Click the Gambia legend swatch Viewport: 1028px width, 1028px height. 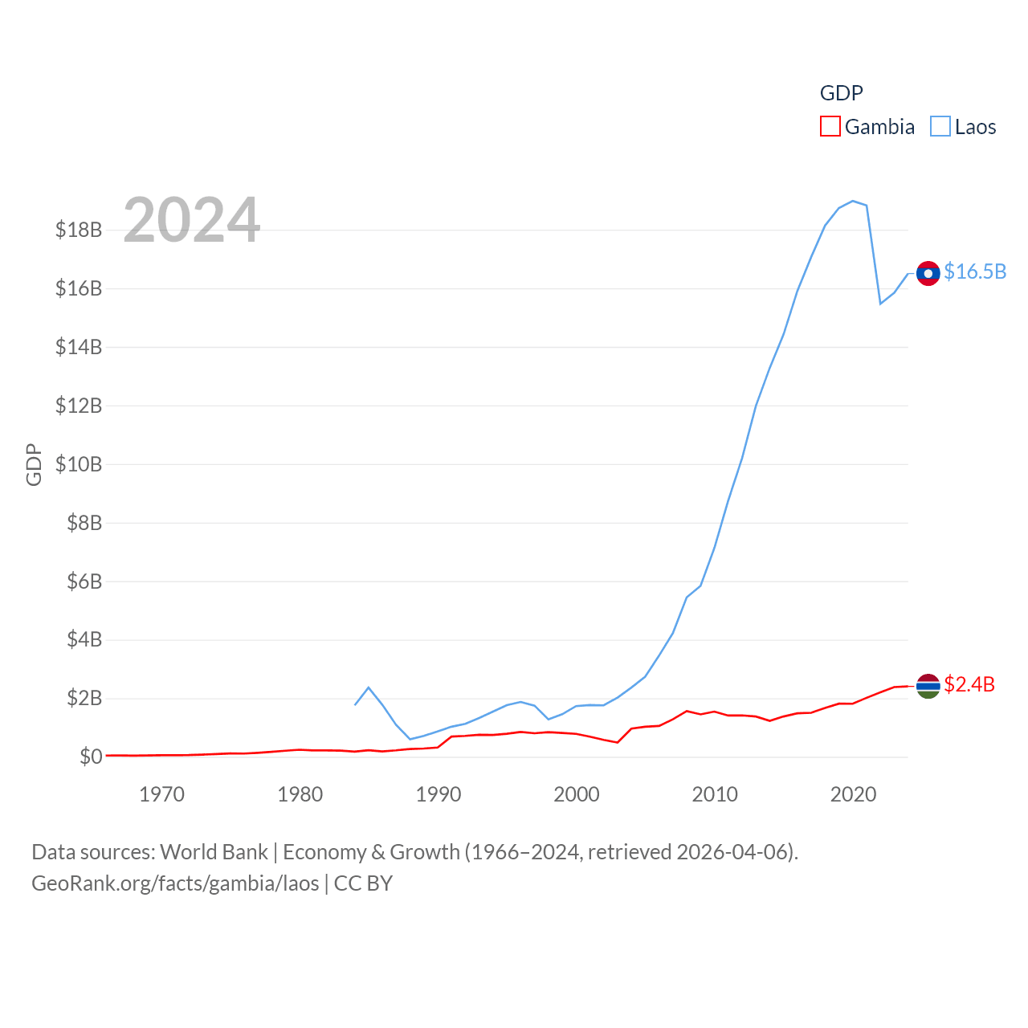click(830, 127)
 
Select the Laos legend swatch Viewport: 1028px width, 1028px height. click(940, 127)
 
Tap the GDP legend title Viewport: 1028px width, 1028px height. click(841, 93)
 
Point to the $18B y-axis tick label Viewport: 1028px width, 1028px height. click(79, 230)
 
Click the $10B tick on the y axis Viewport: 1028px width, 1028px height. click(79, 464)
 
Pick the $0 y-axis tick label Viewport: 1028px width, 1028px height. click(91, 757)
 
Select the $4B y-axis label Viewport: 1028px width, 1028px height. click(84, 640)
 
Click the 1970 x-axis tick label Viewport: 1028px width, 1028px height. click(161, 794)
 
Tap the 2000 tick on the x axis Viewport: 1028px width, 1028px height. click(577, 794)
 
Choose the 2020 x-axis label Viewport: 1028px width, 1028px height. click(853, 794)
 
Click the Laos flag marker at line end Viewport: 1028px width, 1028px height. click(928, 274)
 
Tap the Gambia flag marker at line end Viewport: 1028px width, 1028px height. click(928, 686)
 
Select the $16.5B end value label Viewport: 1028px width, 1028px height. click(975, 272)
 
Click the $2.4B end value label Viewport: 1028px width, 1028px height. click(969, 684)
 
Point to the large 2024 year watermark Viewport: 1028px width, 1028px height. click(192, 220)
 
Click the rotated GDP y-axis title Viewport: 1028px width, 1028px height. click(34, 464)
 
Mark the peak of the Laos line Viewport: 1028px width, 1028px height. click(852, 201)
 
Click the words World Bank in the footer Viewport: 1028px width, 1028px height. click(214, 852)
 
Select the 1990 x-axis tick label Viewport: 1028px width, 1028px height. click(439, 794)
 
